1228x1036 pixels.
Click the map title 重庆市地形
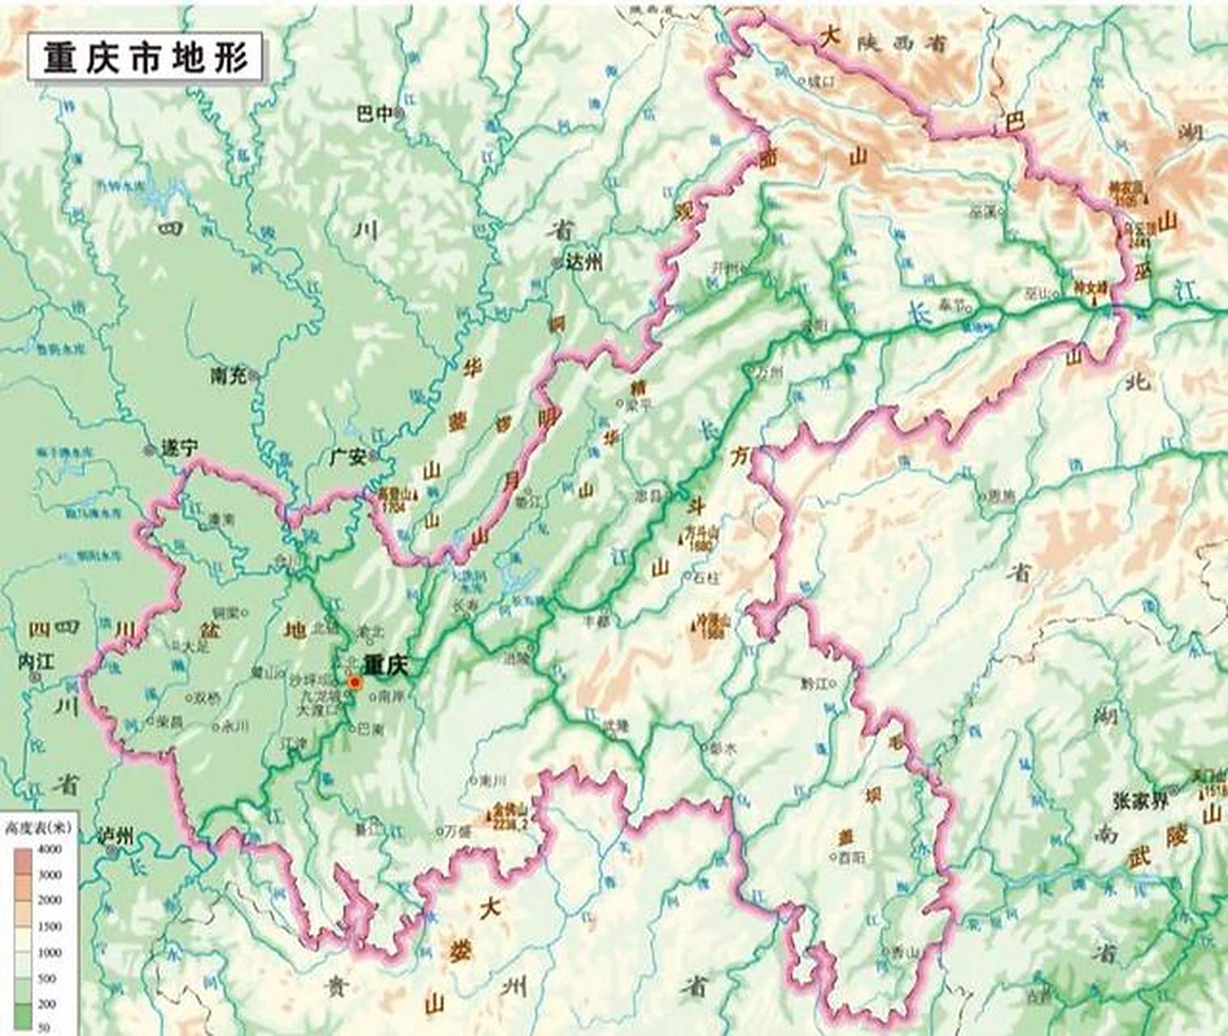146,57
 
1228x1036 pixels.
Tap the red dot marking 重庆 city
354,683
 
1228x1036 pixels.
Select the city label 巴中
373,115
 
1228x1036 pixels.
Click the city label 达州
586,262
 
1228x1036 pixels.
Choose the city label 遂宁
179,450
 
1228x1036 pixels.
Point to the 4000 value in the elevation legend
50,849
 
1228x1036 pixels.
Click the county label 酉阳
851,856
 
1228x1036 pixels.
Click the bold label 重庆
385,665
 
